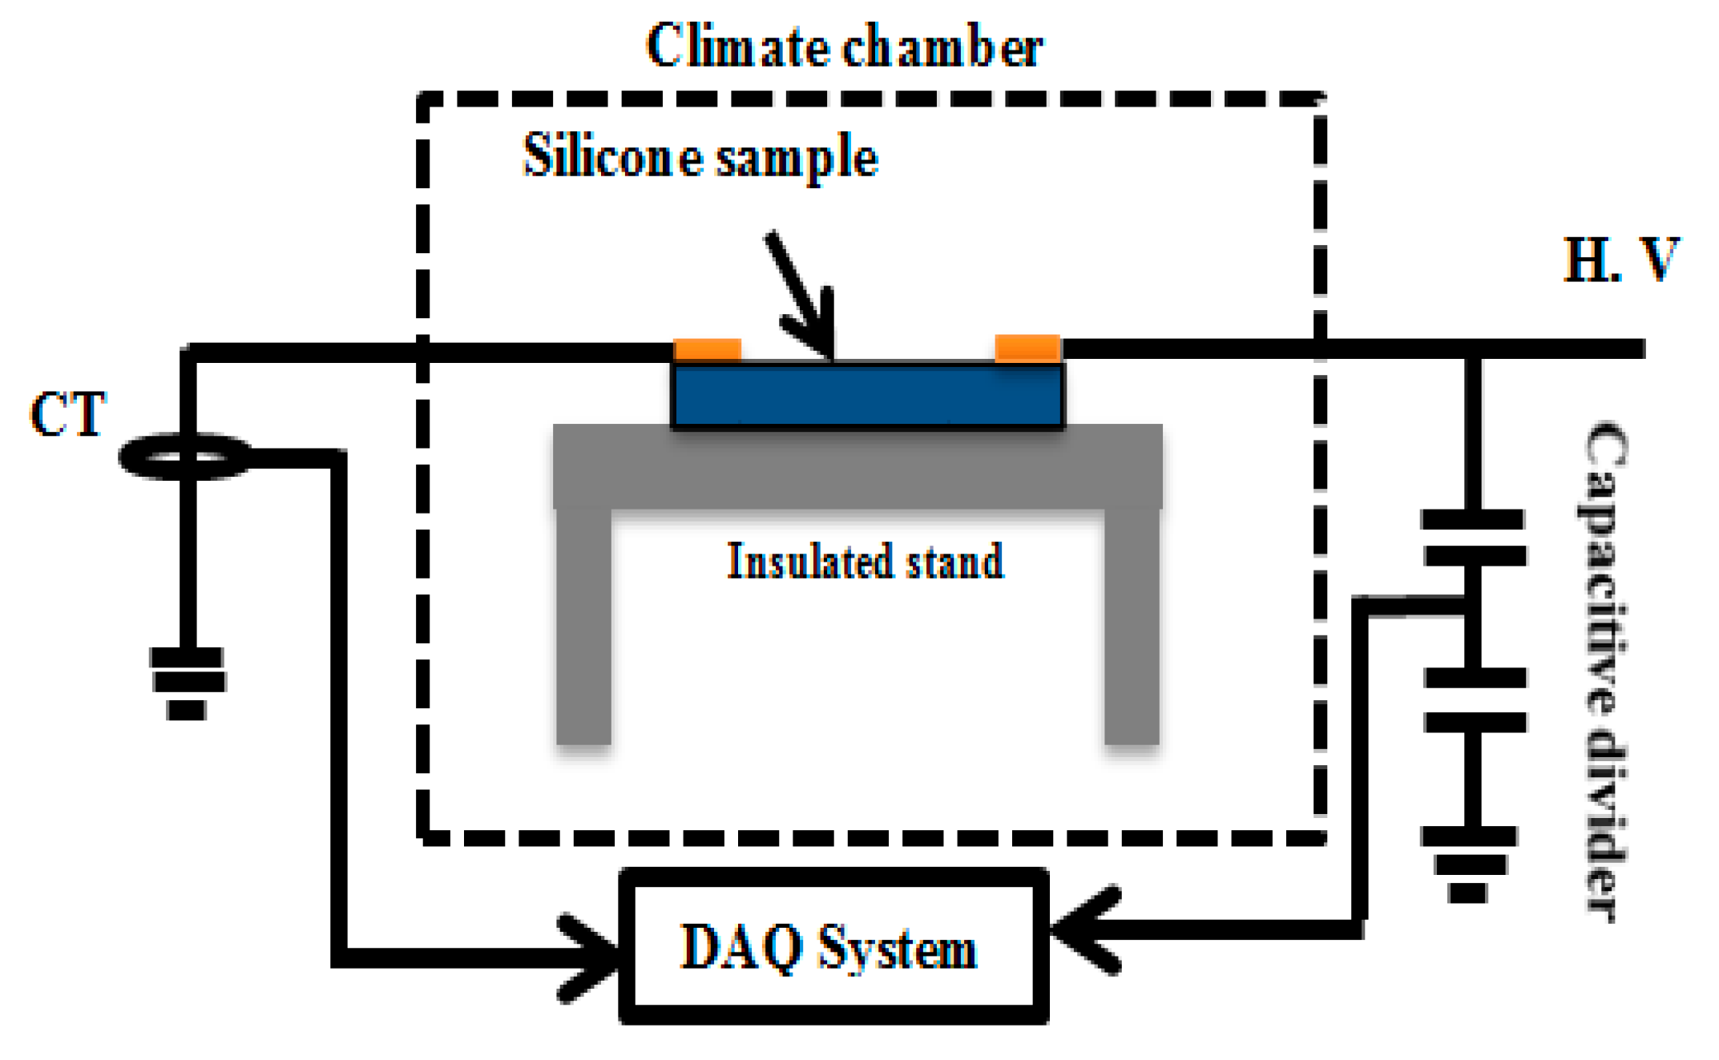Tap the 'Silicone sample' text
point(700,156)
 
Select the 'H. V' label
point(1620,260)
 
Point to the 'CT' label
point(67,414)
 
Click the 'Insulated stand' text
point(865,561)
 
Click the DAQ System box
point(833,945)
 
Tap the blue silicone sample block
point(867,395)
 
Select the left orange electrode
point(707,350)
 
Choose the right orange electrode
point(1027,348)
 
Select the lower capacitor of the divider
point(1475,699)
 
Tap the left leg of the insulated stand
point(583,625)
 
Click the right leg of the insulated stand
point(1131,625)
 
